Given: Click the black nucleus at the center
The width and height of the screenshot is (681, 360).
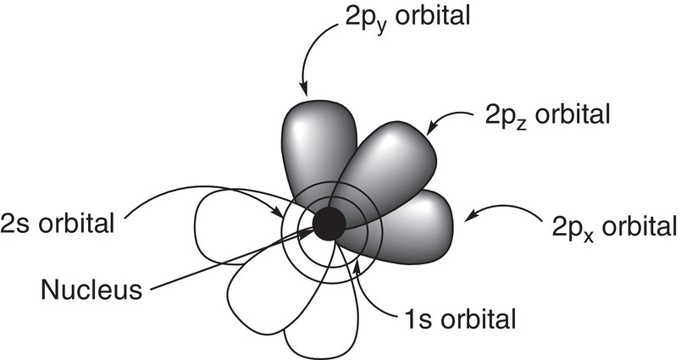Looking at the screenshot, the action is click(x=329, y=224).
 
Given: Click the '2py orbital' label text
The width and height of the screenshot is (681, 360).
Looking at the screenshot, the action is click(x=407, y=18).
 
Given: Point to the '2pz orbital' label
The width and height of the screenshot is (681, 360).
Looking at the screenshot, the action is click(x=547, y=115).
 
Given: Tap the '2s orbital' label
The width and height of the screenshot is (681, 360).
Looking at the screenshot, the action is click(x=58, y=224).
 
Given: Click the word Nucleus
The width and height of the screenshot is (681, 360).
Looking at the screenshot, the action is click(x=91, y=289).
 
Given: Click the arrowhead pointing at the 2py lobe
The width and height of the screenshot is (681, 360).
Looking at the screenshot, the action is click(x=304, y=90).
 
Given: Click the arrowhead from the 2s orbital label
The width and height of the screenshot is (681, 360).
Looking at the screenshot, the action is click(x=278, y=213).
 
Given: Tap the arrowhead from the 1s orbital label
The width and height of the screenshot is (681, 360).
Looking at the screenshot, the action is click(x=357, y=267).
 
